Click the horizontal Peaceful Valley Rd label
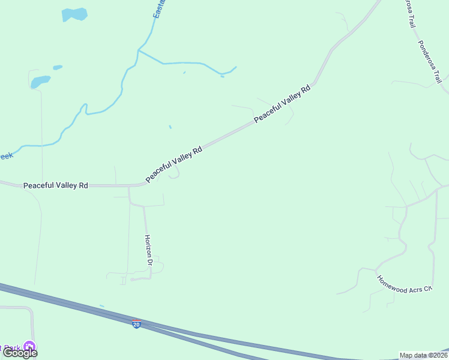click(x=56, y=185)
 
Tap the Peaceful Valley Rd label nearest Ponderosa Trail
click(x=282, y=104)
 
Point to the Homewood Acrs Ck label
click(x=404, y=283)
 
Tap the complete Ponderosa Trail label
click(x=430, y=62)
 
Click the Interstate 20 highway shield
click(x=137, y=324)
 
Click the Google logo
click(x=20, y=353)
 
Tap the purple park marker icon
click(x=29, y=347)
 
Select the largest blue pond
click(x=74, y=14)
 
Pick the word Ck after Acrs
click(x=427, y=289)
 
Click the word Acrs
click(x=415, y=286)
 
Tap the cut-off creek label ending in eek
click(x=5, y=156)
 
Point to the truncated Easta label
click(x=159, y=8)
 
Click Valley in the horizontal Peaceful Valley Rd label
click(x=65, y=185)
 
